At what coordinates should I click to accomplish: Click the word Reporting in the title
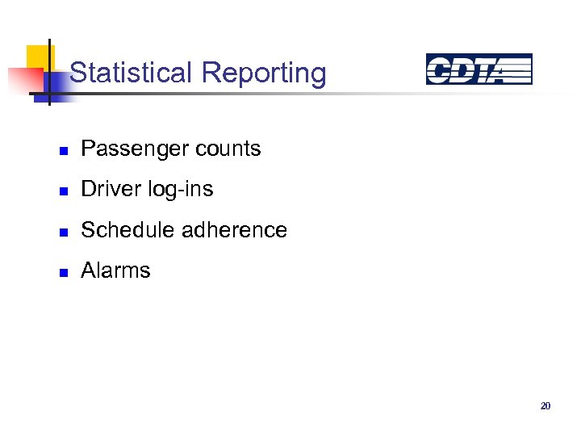tap(264, 74)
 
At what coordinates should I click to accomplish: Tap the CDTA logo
tap(479, 69)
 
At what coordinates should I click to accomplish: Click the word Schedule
tap(128, 230)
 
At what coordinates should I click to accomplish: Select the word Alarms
tap(115, 270)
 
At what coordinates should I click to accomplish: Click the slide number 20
tap(545, 406)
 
